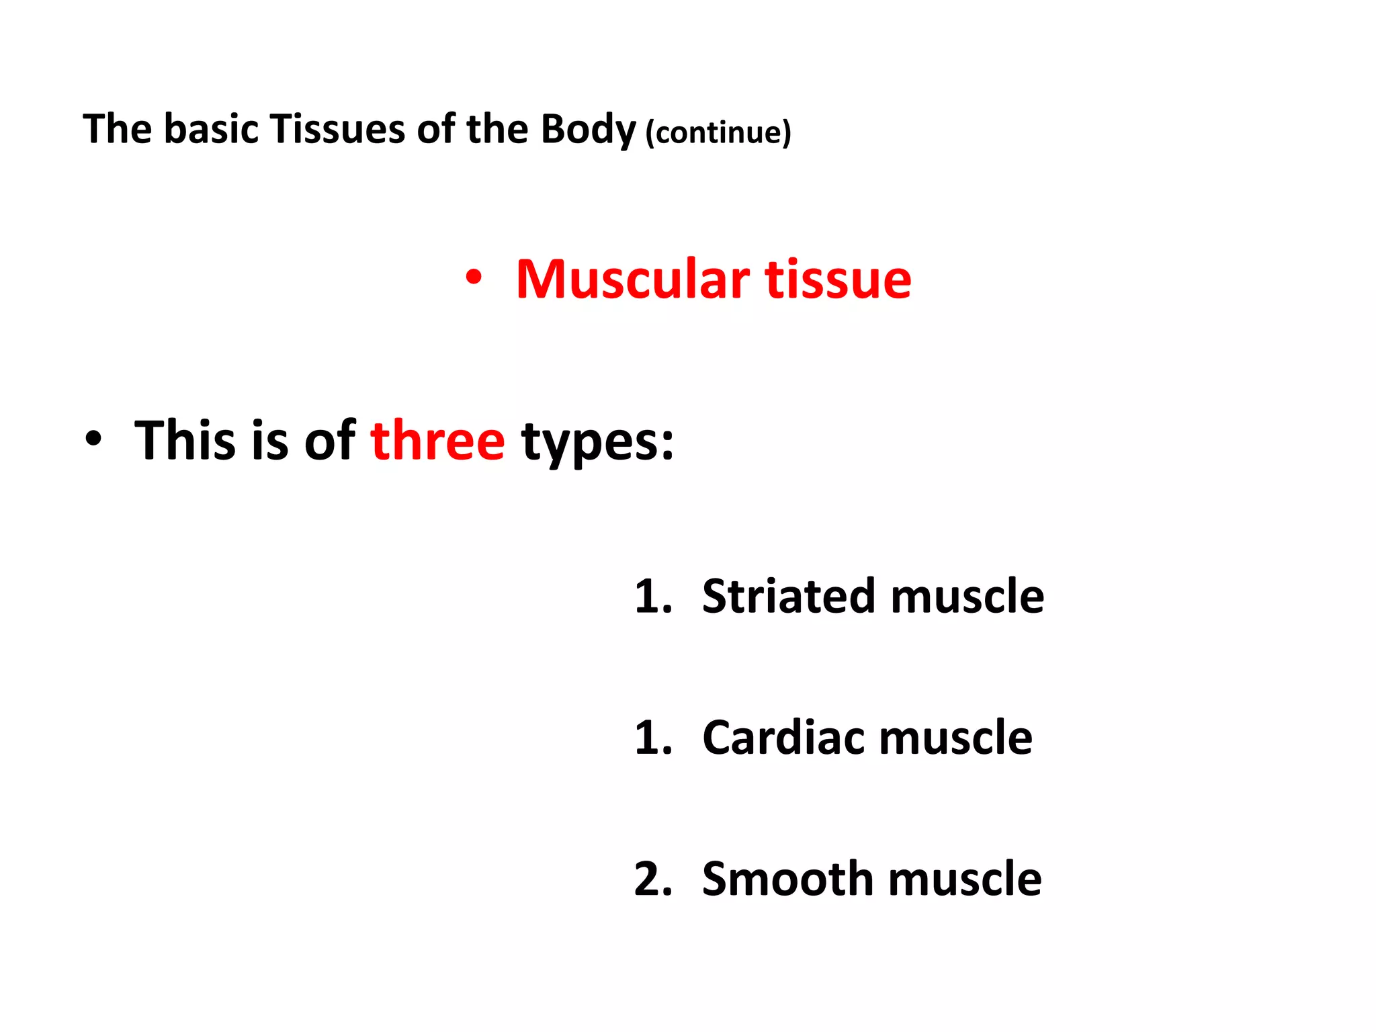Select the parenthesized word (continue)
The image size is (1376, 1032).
coord(718,132)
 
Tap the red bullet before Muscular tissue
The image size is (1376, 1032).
coord(474,277)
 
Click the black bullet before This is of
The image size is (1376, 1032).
coord(93,439)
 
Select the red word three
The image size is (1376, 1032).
coord(437,441)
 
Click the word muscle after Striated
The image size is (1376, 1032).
coord(967,596)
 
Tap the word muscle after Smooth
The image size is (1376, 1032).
coord(965,879)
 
